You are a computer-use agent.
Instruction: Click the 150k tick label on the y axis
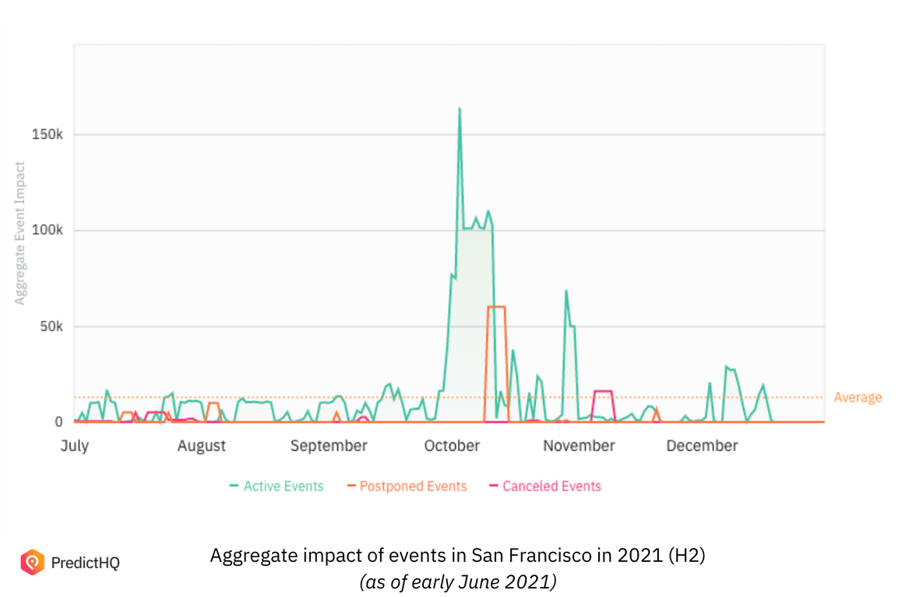pos(47,135)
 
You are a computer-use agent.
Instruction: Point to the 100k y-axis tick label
pos(47,230)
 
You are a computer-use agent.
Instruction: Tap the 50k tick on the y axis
pos(50,326)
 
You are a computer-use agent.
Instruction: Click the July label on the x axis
pos(75,446)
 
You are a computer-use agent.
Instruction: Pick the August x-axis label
pos(202,446)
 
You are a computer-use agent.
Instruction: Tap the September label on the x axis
pos(329,446)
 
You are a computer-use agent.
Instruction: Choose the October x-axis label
pos(453,446)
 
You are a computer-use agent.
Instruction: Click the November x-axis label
pos(579,446)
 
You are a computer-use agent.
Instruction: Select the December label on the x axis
pos(702,446)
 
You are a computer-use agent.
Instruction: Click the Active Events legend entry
pos(277,486)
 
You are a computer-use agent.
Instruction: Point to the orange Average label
pos(858,398)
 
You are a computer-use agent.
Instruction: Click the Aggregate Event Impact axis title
pos(21,234)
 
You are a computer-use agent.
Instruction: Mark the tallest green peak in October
pos(460,110)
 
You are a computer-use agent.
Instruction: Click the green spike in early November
pos(566,292)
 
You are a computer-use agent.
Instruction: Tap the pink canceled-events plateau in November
pos(603,392)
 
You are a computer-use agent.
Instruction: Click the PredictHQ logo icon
pos(33,562)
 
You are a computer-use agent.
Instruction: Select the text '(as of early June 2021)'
pos(458,582)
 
